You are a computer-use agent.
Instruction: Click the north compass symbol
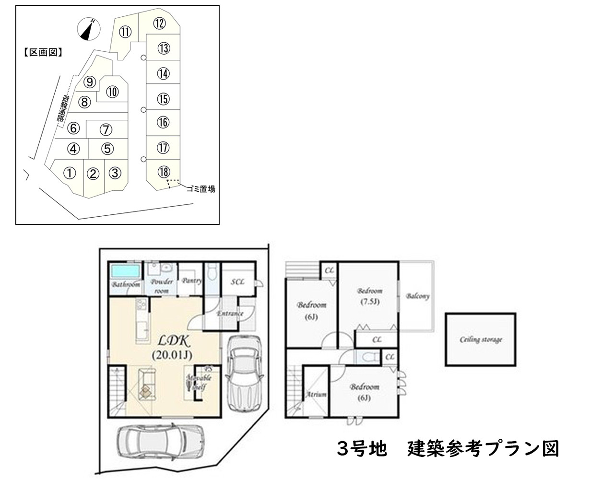[x=88, y=29]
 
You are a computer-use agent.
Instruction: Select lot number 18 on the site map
[x=164, y=171]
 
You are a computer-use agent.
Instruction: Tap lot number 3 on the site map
[x=115, y=173]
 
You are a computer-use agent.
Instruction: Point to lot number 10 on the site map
[x=112, y=92]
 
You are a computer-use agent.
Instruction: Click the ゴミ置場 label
[x=201, y=189]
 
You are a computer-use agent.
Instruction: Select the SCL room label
[x=238, y=282]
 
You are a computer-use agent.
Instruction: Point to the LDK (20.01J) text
[x=171, y=348]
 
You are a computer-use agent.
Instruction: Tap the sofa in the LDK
[x=146, y=384]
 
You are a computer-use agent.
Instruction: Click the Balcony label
[x=417, y=296]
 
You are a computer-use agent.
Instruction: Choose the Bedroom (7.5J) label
[x=370, y=296]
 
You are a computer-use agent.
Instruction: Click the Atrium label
[x=316, y=395]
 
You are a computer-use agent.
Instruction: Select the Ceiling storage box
[x=481, y=339]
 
